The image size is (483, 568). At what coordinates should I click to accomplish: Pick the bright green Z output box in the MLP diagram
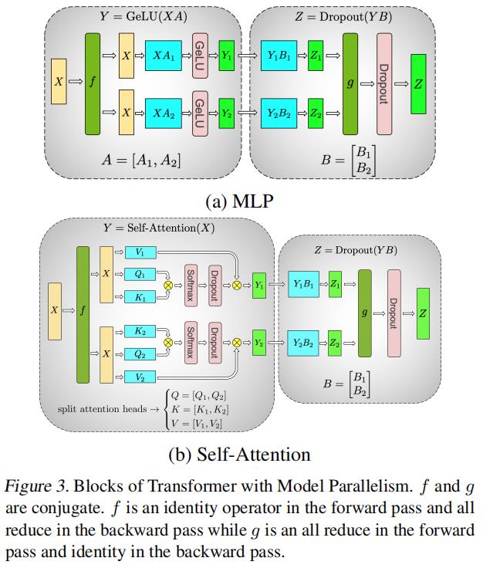(418, 84)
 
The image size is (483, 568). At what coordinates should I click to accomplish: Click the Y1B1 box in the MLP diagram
(279, 56)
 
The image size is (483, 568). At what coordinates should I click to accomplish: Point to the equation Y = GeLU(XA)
(146, 15)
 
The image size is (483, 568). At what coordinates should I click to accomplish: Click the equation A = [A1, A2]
(143, 161)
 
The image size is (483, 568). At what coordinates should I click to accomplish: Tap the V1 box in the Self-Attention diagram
(140, 252)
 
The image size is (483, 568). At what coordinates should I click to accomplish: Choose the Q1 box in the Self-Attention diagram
(140, 273)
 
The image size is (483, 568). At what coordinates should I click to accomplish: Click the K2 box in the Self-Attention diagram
(140, 331)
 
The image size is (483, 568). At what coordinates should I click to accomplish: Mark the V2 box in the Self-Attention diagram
(140, 377)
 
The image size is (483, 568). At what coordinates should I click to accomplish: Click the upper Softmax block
(191, 285)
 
